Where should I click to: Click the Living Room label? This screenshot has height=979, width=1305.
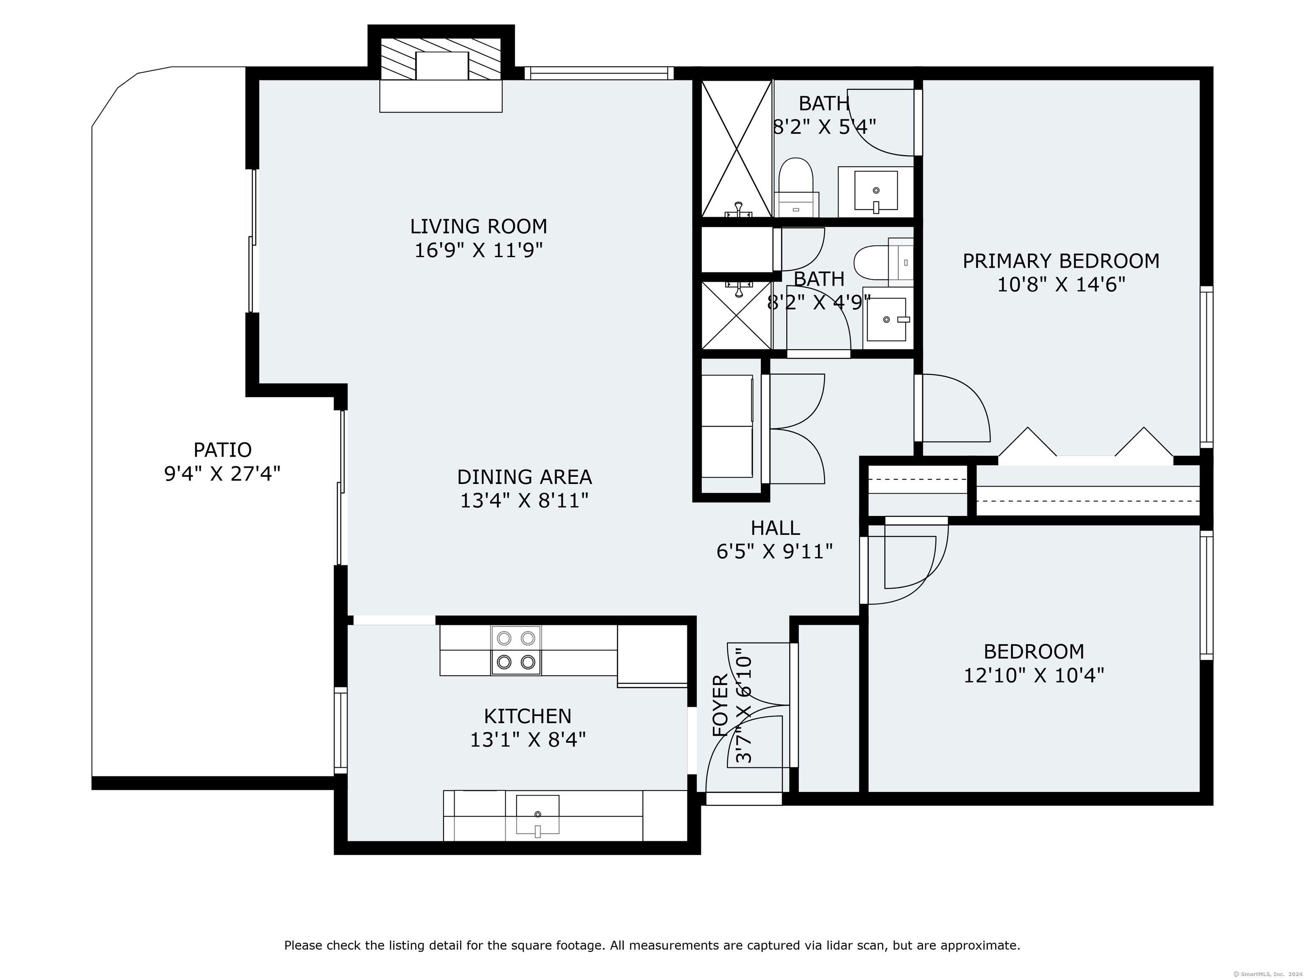478,226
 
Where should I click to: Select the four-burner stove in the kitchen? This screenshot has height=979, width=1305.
516,650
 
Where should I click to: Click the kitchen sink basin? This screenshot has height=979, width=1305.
537,815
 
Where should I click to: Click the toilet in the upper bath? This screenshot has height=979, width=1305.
797,180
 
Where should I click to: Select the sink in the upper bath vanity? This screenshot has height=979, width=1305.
876,190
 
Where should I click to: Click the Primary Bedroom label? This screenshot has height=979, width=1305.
1061,261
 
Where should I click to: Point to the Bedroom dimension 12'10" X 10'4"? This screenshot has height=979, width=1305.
1034,675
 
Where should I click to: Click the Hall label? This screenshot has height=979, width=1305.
775,528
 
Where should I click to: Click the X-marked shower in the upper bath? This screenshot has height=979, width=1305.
736,147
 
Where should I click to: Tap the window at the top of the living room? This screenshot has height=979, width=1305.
599,73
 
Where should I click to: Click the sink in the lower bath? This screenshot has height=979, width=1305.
886,319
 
